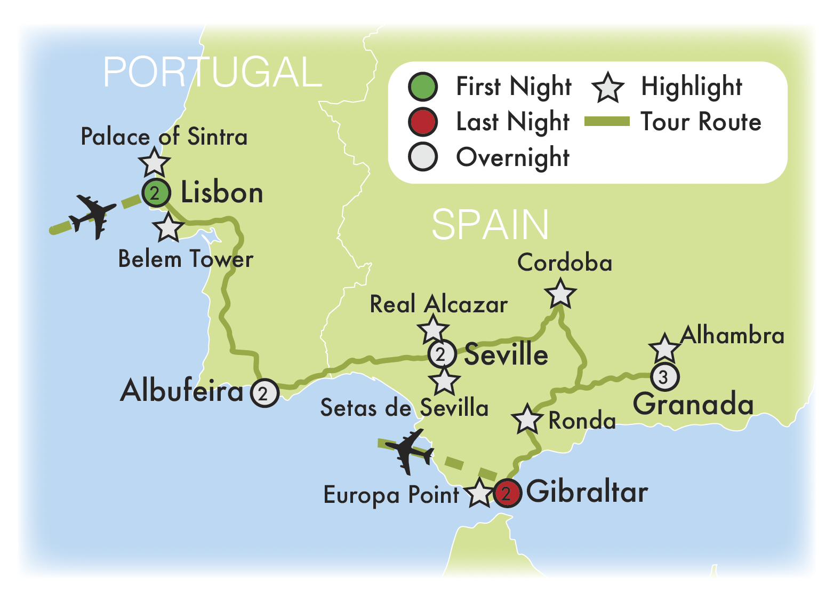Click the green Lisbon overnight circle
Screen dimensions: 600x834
pyautogui.click(x=156, y=193)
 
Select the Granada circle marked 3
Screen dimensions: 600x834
pyautogui.click(x=664, y=377)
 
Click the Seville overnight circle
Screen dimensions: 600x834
pyautogui.click(x=442, y=354)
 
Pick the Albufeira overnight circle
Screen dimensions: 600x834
pyautogui.click(x=264, y=393)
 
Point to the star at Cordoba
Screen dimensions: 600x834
pyautogui.click(x=560, y=294)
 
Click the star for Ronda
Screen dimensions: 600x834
pyautogui.click(x=527, y=419)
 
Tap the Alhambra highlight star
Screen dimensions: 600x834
pyautogui.click(x=664, y=349)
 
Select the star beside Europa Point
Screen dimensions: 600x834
pyautogui.click(x=479, y=493)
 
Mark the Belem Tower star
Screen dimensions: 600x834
pyautogui.click(x=169, y=227)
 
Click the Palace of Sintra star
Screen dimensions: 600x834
pyautogui.click(x=154, y=162)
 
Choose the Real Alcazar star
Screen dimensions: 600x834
pyautogui.click(x=433, y=329)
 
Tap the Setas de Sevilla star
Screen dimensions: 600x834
pyautogui.click(x=444, y=381)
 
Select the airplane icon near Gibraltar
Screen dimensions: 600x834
pyautogui.click(x=410, y=451)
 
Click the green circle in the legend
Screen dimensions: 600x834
pyautogui.click(x=423, y=87)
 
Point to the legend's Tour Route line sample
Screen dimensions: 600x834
pyautogui.click(x=607, y=122)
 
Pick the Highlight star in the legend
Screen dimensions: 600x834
pyautogui.click(x=607, y=88)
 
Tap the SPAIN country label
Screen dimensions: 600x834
pyautogui.click(x=490, y=225)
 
